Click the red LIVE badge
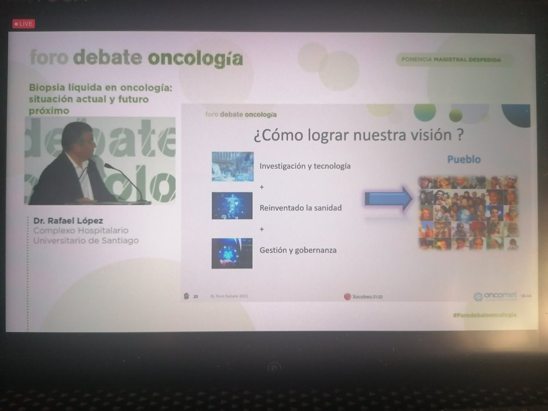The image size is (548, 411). (x=24, y=24)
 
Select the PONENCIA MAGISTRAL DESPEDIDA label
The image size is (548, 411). (x=451, y=60)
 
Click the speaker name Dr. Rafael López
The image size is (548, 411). (x=68, y=221)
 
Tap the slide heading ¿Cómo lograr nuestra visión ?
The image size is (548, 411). (x=356, y=136)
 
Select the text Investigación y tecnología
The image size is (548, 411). (x=305, y=166)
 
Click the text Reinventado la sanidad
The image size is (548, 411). (x=300, y=208)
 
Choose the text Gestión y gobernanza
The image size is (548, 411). (x=298, y=250)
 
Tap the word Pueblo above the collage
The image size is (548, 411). (x=464, y=160)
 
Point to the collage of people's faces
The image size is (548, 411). (x=469, y=213)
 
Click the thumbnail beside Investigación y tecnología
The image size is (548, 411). (x=232, y=166)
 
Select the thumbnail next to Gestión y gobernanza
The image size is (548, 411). (x=232, y=253)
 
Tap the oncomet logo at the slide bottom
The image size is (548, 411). (x=495, y=296)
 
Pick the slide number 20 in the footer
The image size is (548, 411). (x=196, y=296)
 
